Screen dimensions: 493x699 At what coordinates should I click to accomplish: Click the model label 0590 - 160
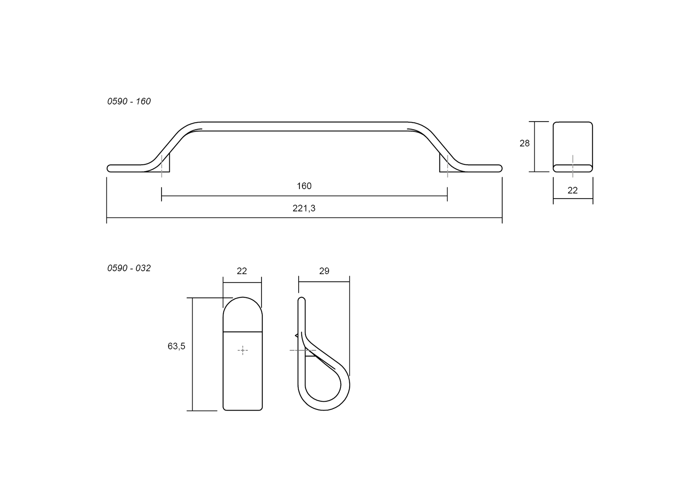click(129, 101)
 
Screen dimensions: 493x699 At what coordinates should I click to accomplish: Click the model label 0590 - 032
click(129, 268)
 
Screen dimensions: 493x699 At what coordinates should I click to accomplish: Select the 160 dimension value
click(304, 186)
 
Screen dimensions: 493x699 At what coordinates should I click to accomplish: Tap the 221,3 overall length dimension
click(304, 208)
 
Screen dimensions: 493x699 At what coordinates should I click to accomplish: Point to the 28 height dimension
click(524, 143)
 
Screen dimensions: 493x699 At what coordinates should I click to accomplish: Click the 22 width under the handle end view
click(572, 190)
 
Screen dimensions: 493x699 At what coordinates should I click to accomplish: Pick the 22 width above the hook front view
click(242, 271)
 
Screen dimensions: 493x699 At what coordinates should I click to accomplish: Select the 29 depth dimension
click(324, 271)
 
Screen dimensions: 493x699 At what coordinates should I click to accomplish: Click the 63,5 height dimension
click(176, 346)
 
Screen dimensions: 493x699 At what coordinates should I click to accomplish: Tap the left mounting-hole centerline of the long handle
click(161, 166)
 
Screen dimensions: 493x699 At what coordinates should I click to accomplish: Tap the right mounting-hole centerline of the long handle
click(447, 166)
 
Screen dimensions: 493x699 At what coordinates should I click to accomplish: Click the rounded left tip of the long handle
click(109, 168)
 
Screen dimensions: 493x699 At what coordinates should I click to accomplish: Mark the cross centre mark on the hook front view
click(242, 350)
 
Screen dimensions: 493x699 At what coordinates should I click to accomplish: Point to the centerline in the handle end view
click(573, 166)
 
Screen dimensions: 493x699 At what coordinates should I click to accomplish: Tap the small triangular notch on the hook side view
click(297, 335)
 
